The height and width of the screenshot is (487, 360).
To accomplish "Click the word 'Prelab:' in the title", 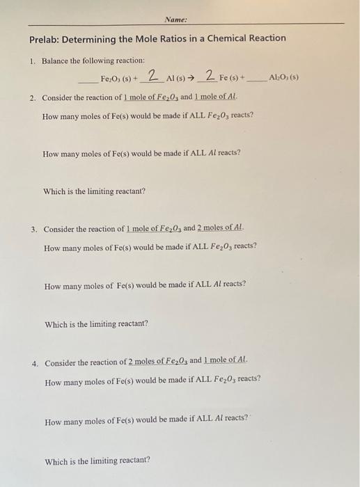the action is pyautogui.click(x=47, y=38).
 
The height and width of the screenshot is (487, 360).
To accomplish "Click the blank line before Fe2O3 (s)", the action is pyautogui.click(x=88, y=81).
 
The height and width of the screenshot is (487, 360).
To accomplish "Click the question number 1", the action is pyautogui.click(x=32, y=61).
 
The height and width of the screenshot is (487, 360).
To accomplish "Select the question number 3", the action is pyautogui.click(x=33, y=229).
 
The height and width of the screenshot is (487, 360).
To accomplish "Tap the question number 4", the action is pyautogui.click(x=34, y=363).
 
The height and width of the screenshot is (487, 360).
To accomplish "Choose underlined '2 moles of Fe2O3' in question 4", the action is pyautogui.click(x=148, y=362).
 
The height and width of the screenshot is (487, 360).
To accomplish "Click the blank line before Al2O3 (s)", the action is pyautogui.click(x=257, y=81).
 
